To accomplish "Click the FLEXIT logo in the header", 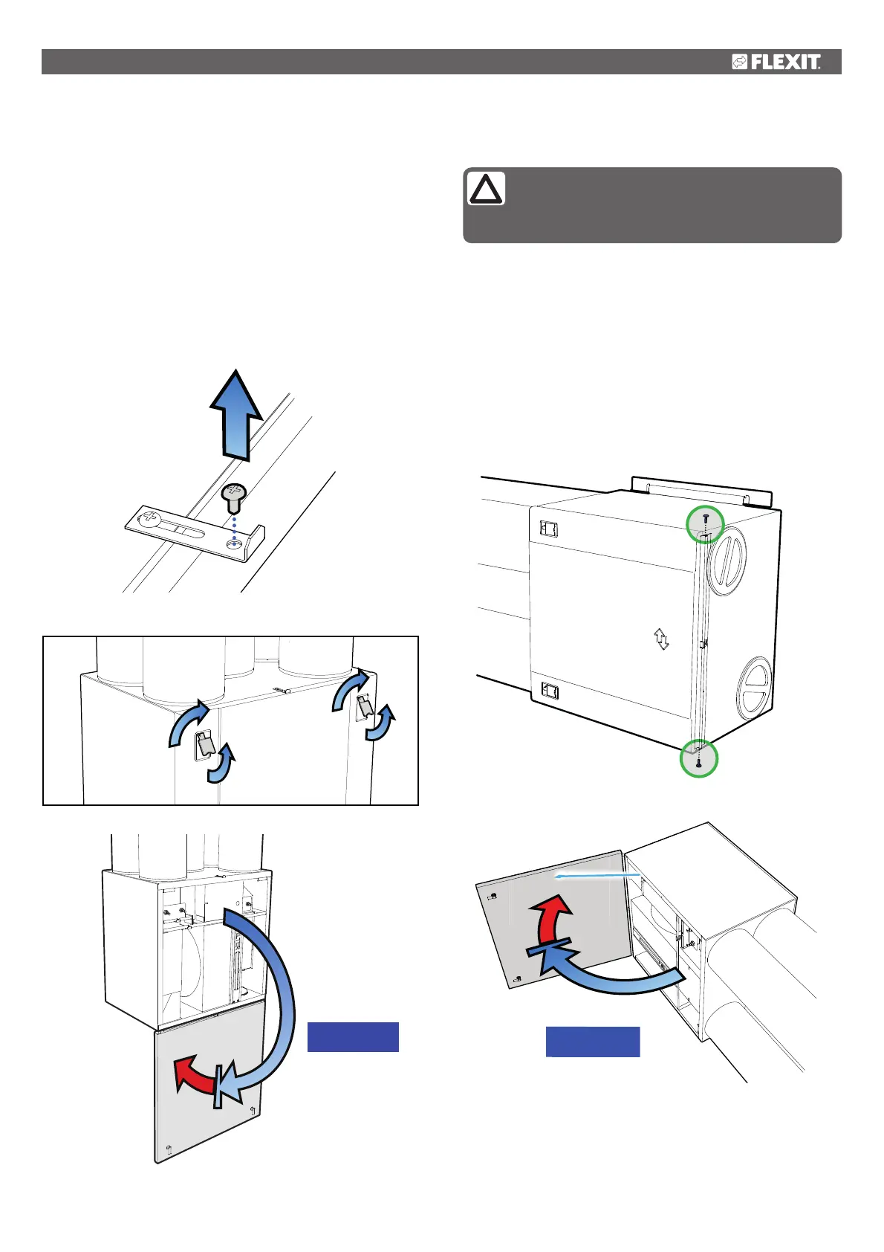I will [776, 62].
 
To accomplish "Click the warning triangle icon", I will [486, 189].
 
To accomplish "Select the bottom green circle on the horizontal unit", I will [699, 758].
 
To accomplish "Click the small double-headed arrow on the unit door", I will [661, 639].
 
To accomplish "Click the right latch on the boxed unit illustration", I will [363, 706].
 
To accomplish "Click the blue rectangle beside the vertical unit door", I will [353, 1036].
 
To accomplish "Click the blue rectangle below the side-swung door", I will [592, 1042].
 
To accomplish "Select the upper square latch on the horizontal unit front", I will [549, 529].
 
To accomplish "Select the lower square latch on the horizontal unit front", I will [550, 691].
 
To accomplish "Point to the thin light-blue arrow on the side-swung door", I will [598, 877].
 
